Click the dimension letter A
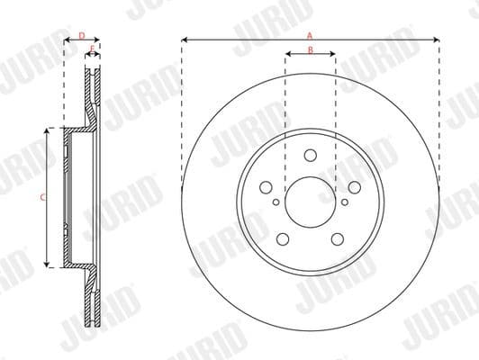310,34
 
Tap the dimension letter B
310,49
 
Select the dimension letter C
42,195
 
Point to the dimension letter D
82,35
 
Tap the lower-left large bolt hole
283,238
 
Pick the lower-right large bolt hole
337,238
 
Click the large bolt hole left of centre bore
266,186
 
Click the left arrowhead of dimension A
184,40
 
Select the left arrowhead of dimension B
287,54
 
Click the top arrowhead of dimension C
48,131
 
